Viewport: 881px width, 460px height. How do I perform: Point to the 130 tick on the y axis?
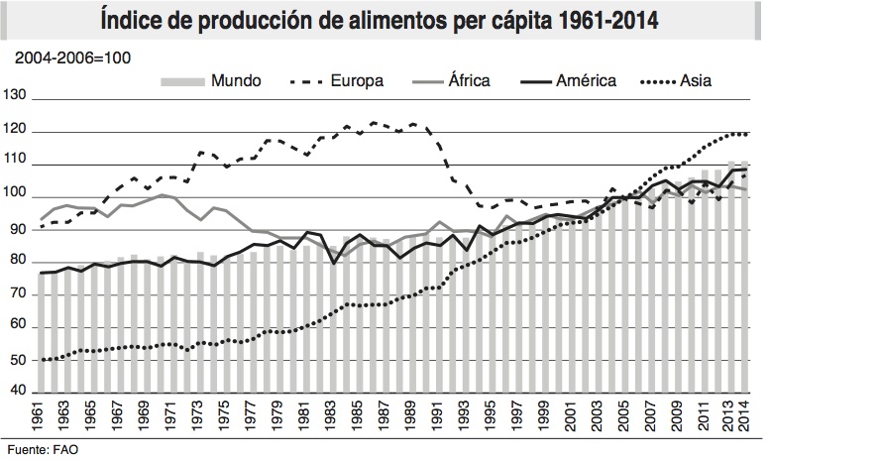tap(18, 98)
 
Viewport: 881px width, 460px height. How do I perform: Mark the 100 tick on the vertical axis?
tap(18, 196)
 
